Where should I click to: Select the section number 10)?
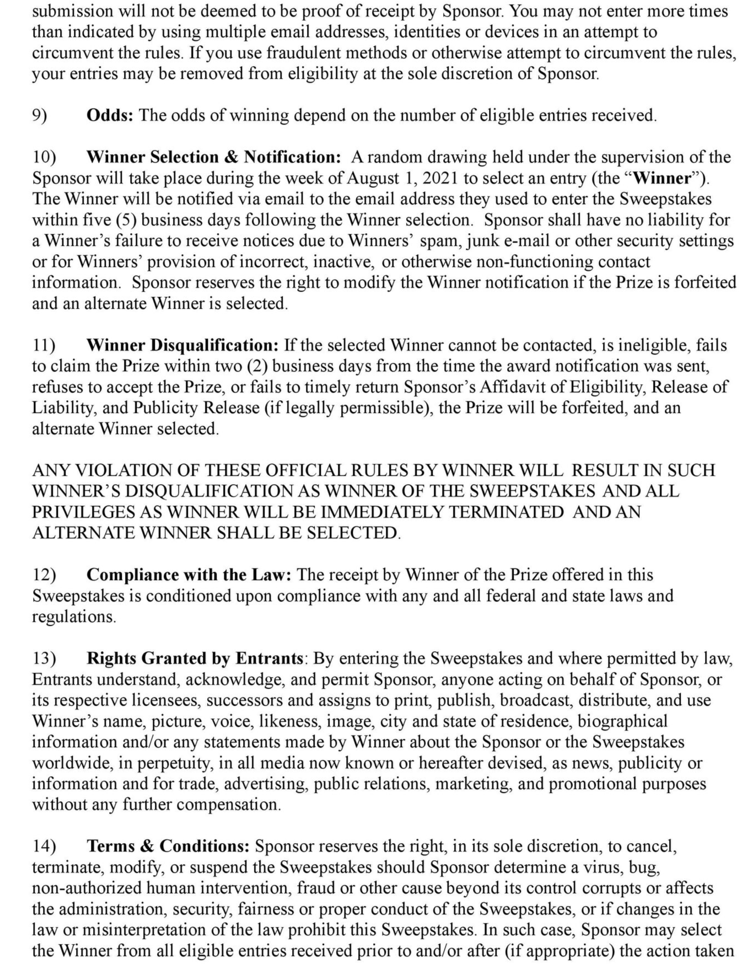tap(44, 157)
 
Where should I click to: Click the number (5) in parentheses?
tap(126, 220)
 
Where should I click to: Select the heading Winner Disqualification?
tap(182, 345)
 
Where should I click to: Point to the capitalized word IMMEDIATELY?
tap(383, 512)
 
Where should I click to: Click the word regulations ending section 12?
tap(73, 616)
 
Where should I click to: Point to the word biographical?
tap(622, 721)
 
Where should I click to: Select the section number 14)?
tap(44, 846)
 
